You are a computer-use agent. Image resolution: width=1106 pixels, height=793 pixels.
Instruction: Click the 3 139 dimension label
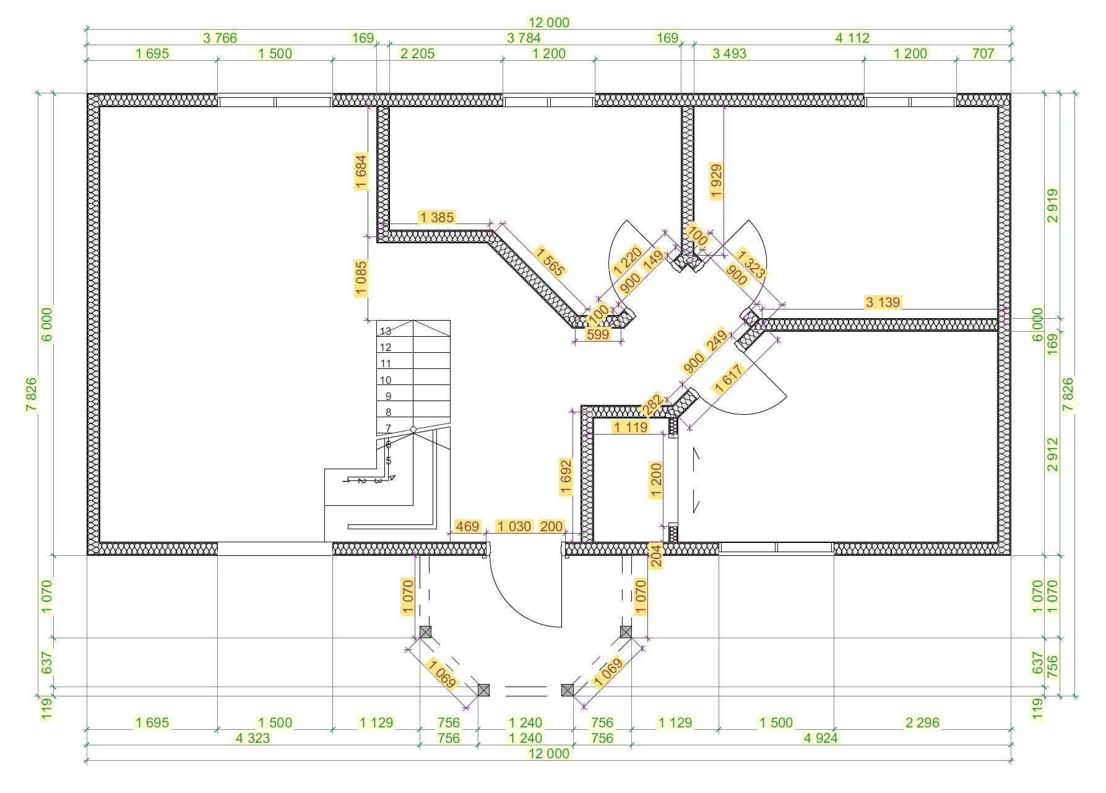883,302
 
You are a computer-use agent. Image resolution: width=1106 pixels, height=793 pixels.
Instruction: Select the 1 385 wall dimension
437,217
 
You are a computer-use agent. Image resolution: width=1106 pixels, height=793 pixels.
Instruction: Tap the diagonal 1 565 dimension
550,261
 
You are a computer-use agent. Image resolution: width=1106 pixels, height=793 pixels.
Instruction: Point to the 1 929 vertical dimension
716,181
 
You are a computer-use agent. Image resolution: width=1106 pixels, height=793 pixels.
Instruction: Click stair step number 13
386,331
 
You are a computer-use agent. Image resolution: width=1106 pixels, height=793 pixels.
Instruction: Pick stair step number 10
386,380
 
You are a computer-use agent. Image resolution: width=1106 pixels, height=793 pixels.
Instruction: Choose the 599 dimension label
598,334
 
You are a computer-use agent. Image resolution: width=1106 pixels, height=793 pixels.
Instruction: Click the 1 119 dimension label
631,427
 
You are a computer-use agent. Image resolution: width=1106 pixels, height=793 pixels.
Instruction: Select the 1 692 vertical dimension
566,477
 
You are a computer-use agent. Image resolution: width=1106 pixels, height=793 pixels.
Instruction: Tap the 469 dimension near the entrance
467,526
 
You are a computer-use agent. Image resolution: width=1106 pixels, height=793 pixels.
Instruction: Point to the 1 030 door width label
514,526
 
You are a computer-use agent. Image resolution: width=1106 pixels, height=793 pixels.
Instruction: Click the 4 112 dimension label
852,38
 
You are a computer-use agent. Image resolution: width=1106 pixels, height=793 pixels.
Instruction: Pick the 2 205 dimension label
418,53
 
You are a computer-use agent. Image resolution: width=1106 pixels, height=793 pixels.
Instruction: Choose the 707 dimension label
983,53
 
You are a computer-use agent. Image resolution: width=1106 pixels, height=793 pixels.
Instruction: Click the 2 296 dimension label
922,722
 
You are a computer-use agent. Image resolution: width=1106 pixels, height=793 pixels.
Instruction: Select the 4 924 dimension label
821,738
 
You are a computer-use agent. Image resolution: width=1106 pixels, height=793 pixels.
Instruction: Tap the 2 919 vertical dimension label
1053,206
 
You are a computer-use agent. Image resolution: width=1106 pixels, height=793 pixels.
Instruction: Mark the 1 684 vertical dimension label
361,171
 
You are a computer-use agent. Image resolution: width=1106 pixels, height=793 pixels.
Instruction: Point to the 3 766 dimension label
220,38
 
